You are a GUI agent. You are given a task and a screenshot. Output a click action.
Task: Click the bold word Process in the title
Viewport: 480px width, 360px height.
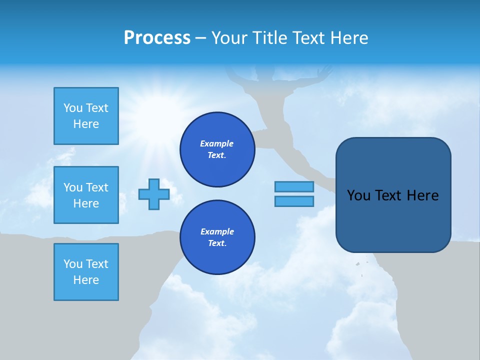157,38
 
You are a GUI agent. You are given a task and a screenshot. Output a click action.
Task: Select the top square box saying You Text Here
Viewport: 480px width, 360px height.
86,116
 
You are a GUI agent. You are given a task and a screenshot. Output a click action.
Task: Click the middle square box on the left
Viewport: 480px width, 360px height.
86,195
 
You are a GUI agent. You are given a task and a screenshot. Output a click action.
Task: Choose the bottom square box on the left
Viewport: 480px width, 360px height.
86,272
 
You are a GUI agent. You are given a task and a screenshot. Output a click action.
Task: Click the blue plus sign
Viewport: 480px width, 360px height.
154,194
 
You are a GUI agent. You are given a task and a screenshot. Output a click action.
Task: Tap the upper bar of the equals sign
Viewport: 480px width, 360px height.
294,186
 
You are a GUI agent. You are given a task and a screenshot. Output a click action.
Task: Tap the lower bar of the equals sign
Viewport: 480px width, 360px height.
294,201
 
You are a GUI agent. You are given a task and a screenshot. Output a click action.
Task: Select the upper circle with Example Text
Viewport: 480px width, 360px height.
217,149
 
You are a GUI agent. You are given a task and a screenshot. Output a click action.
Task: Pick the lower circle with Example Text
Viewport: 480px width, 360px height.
217,237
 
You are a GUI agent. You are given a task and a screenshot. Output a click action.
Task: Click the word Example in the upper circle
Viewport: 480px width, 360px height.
217,143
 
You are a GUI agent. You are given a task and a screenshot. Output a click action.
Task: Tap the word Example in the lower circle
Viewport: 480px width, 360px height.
217,231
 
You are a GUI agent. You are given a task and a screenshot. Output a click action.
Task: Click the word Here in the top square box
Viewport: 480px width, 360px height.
86,124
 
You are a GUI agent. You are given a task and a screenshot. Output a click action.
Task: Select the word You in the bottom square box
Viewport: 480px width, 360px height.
72,264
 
